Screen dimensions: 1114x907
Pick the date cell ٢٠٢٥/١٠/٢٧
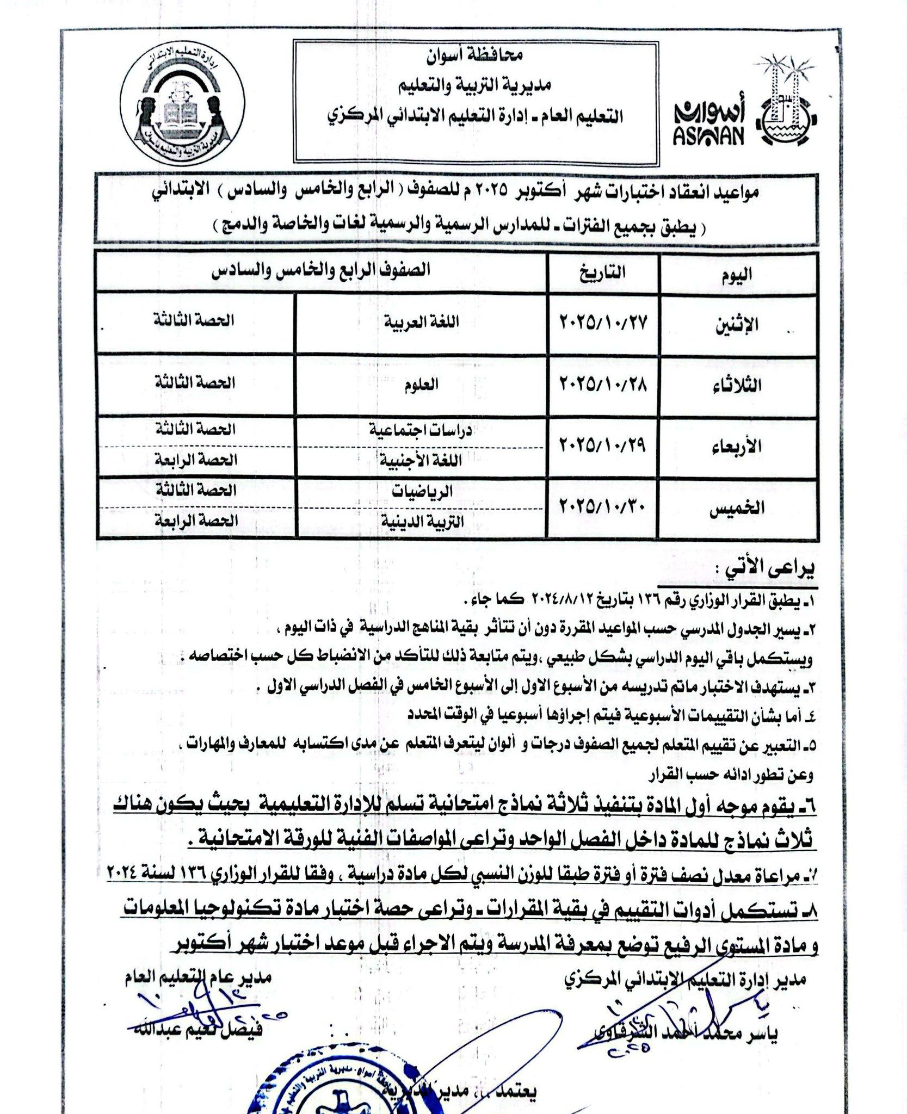[x=602, y=323]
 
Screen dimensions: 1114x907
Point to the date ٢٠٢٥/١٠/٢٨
[x=602, y=385]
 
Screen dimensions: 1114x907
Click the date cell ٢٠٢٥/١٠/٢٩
[x=602, y=445]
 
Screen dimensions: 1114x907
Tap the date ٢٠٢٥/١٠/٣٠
[x=602, y=506]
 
